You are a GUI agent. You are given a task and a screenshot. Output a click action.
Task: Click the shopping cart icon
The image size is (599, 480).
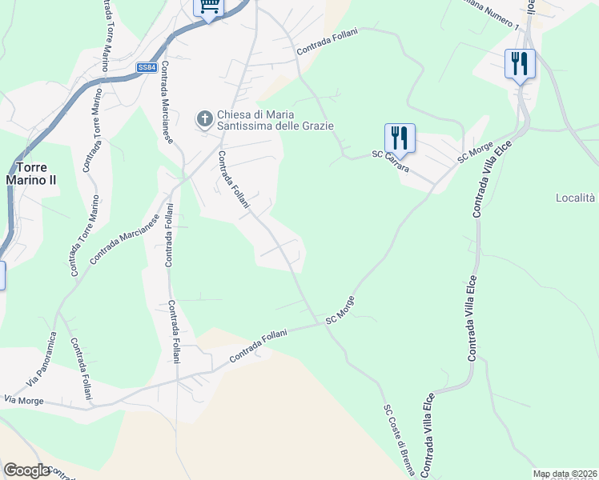pos(208,7)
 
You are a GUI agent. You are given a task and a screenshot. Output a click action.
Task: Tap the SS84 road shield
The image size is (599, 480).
pos(146,68)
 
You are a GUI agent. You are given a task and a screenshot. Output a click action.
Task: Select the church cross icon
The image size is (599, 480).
pos(204,119)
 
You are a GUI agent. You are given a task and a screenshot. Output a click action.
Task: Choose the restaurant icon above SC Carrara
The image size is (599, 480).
pos(399,138)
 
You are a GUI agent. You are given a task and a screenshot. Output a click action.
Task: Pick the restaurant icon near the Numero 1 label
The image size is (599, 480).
pos(520,63)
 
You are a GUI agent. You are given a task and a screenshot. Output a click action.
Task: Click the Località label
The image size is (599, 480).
pos(576,198)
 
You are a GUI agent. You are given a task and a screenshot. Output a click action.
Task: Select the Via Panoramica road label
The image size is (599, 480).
pos(48,362)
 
